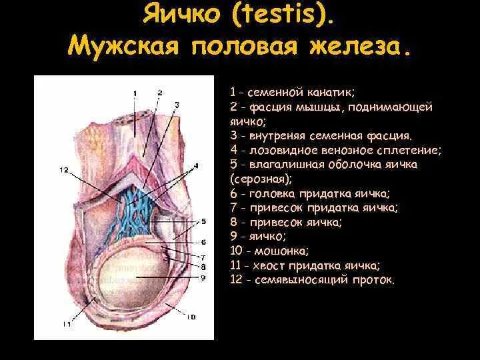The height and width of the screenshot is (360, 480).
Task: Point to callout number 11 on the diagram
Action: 67,324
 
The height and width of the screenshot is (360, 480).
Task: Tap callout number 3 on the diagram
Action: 177,104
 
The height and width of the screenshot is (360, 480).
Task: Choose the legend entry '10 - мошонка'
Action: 269,251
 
